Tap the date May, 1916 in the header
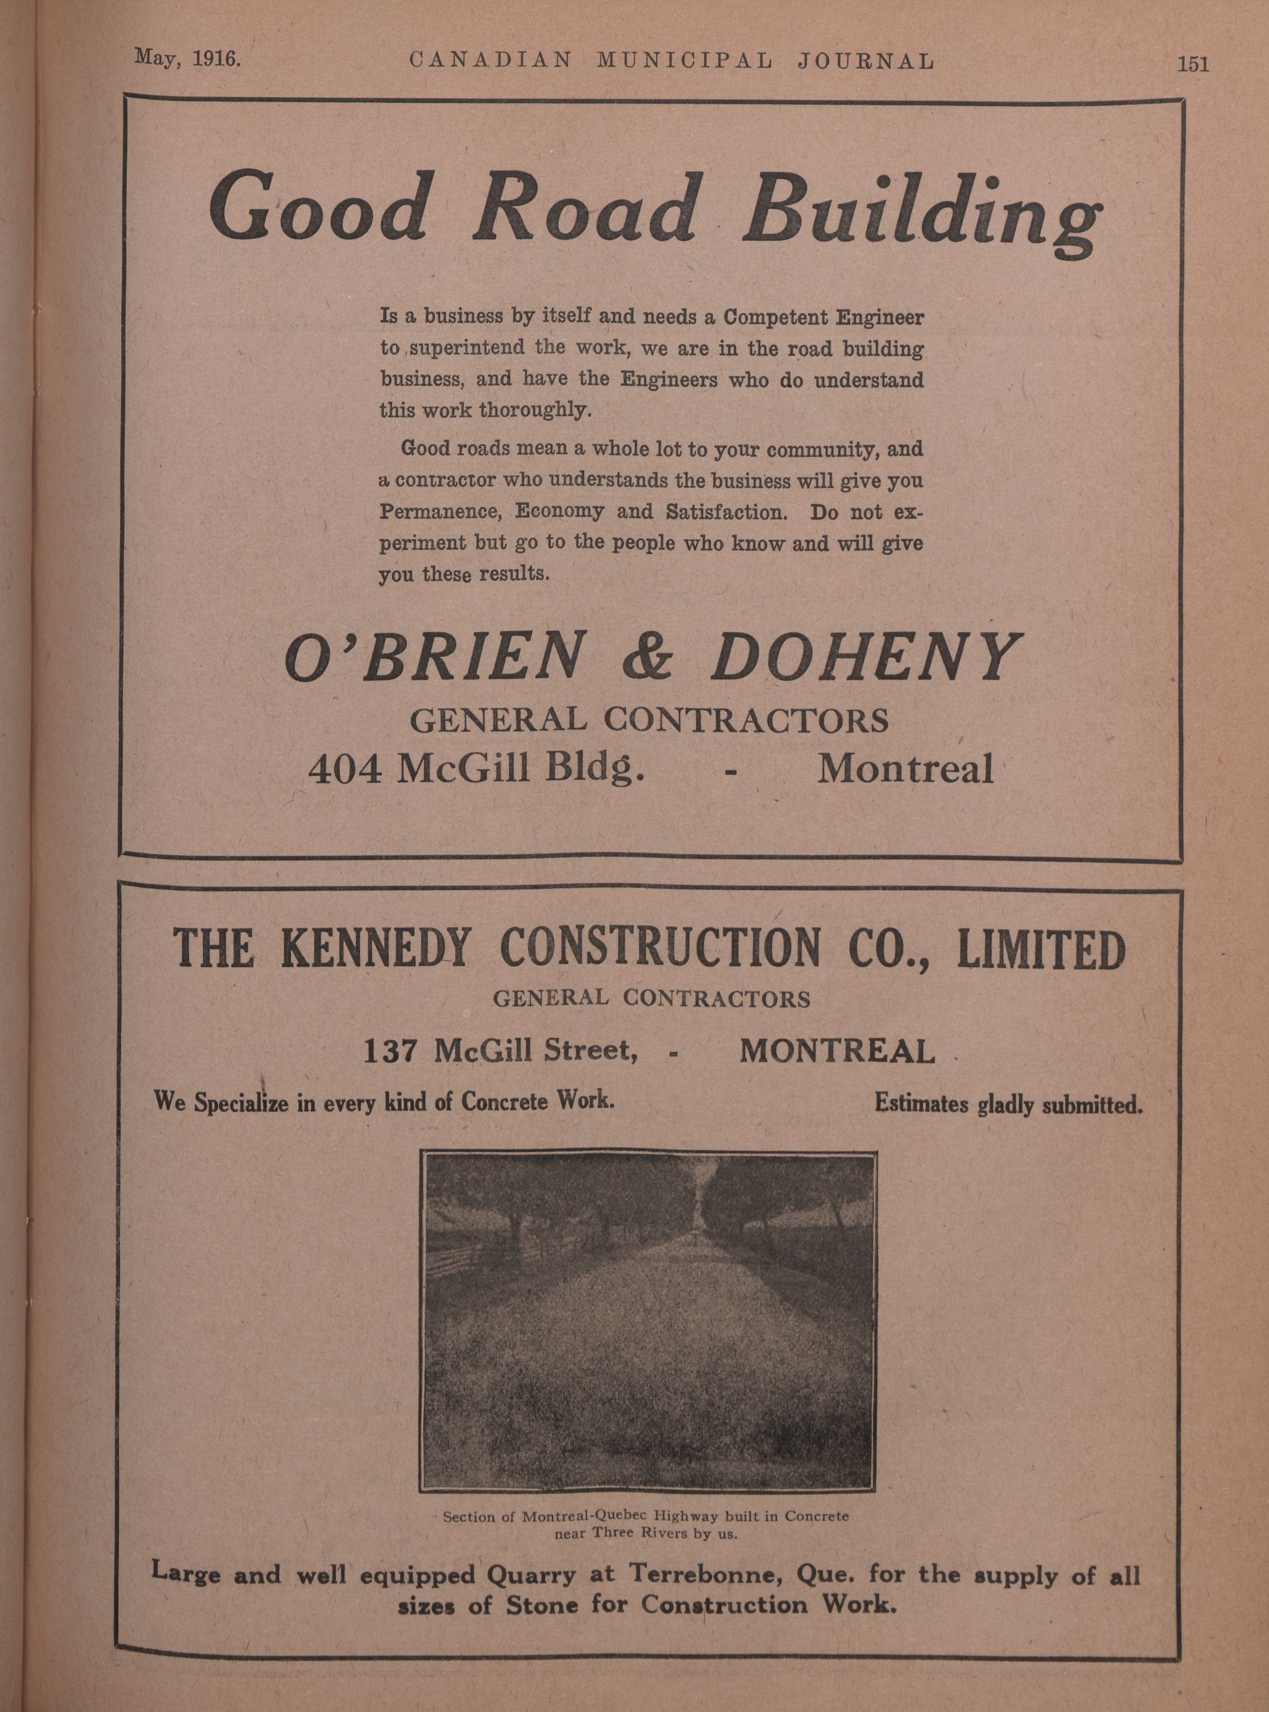[x=187, y=59]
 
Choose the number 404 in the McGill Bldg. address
[x=344, y=769]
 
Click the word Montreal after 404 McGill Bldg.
[x=905, y=769]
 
